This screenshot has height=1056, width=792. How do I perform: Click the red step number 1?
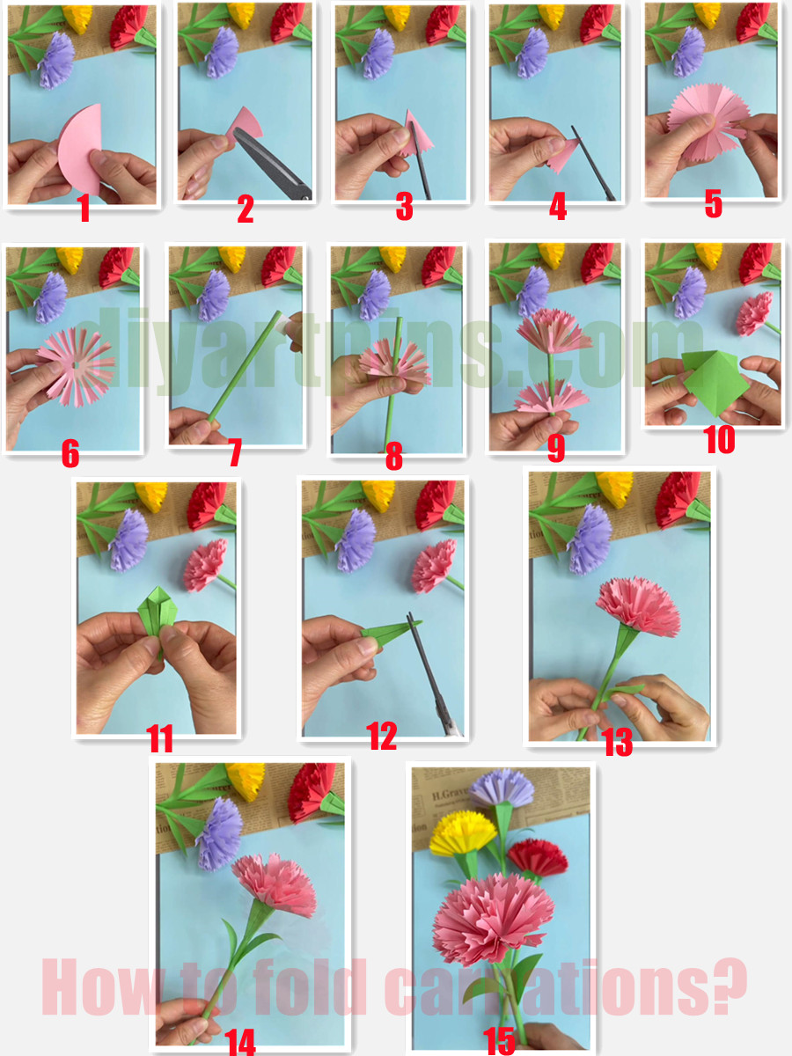84,209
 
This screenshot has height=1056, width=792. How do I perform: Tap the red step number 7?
234,453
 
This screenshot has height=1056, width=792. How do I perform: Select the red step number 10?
719,439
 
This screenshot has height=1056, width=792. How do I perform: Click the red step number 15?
499,1042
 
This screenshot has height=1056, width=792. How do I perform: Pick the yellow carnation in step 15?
463,832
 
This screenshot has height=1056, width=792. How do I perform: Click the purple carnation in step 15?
502,788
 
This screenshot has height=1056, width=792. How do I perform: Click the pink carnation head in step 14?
274,884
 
